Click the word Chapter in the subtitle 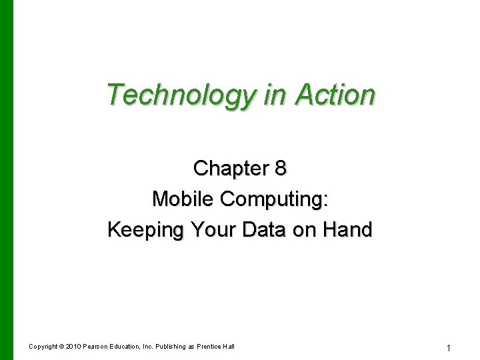pyautogui.click(x=229, y=169)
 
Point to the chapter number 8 pyautogui.click(x=281, y=169)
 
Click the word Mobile pyautogui.click(x=184, y=199)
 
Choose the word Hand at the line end pyautogui.click(x=347, y=230)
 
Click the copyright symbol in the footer pyautogui.click(x=61, y=347)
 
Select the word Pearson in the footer pyautogui.click(x=97, y=347)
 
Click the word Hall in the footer pyautogui.click(x=229, y=347)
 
